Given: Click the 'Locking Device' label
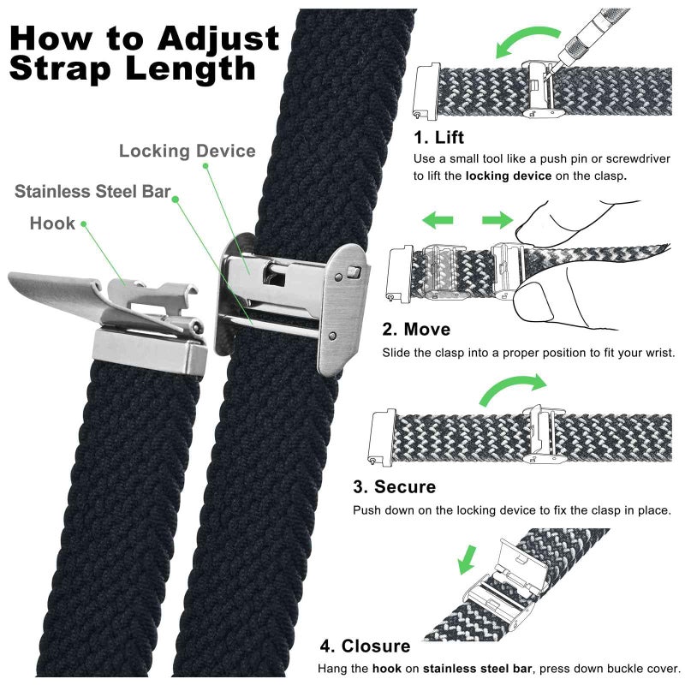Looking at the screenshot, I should click(x=187, y=152).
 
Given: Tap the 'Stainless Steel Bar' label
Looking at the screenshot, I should click(x=92, y=191).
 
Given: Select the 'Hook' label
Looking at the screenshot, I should click(x=52, y=223).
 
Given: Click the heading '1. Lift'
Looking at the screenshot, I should click(x=440, y=137).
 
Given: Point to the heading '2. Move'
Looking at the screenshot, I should click(x=416, y=329).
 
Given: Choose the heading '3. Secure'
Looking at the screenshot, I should click(x=395, y=487).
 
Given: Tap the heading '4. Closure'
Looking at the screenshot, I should click(x=365, y=646).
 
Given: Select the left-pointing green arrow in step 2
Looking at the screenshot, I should click(x=438, y=222).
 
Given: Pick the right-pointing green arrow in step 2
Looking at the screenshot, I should click(x=497, y=222).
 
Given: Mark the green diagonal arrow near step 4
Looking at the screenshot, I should click(x=467, y=559).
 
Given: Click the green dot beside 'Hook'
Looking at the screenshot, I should click(x=84, y=225).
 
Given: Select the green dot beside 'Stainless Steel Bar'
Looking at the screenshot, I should click(x=175, y=199).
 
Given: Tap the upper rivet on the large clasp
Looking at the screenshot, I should click(x=353, y=271).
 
